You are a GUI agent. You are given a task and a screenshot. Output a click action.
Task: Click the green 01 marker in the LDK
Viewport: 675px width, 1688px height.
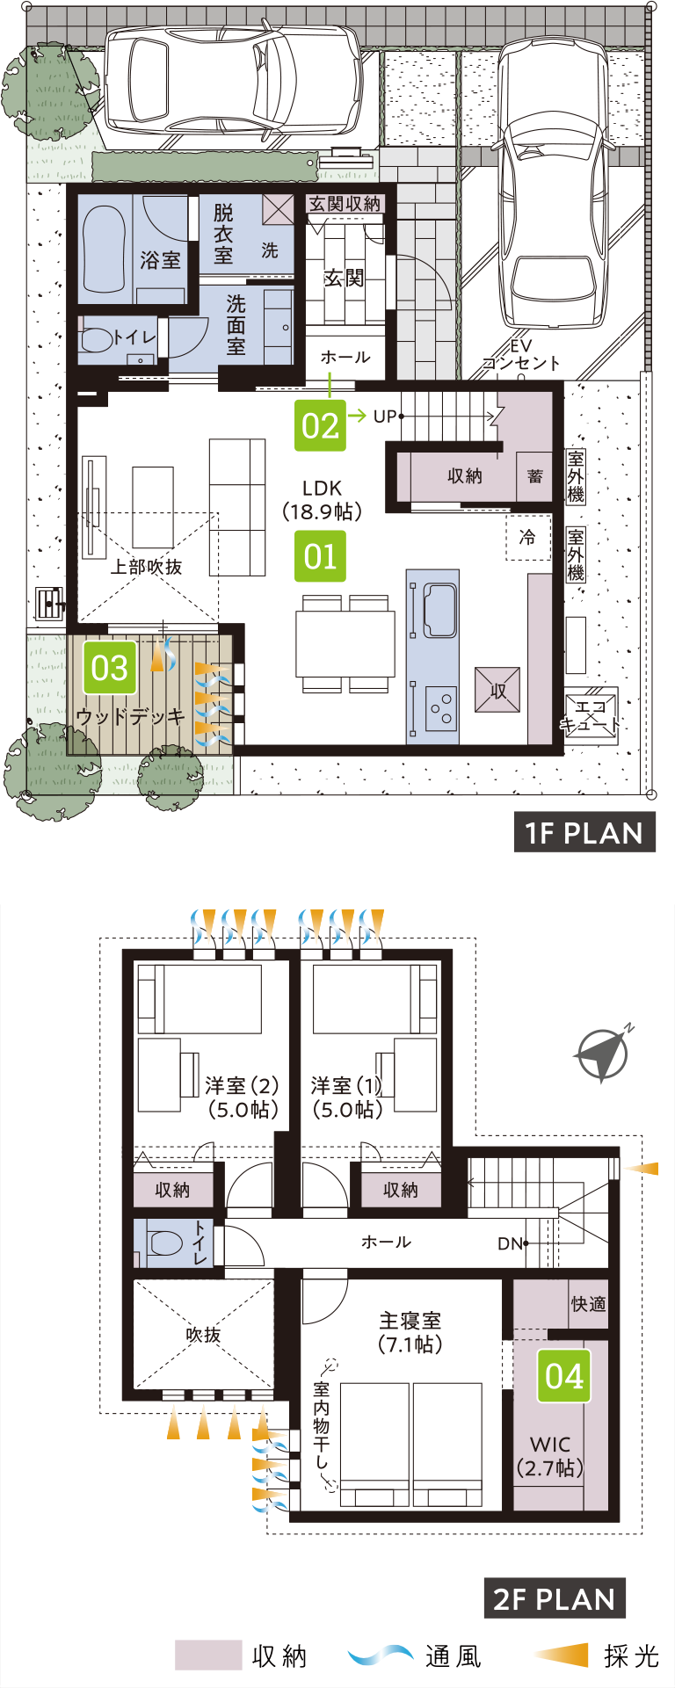(320, 556)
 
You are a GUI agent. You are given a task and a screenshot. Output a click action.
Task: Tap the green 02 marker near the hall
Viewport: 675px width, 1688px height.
(320, 425)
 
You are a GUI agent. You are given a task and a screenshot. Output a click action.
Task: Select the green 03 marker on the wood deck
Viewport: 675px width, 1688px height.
(110, 668)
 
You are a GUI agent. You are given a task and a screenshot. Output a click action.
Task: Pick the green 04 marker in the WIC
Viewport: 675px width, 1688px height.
(563, 1376)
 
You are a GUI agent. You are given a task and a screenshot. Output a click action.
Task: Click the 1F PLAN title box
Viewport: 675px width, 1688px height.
(584, 833)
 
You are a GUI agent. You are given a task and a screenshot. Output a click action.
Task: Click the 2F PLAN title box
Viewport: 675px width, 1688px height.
(555, 1598)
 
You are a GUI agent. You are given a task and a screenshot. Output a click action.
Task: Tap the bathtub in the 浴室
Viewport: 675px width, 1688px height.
(105, 249)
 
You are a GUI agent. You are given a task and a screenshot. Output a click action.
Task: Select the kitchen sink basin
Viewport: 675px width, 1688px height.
(439, 611)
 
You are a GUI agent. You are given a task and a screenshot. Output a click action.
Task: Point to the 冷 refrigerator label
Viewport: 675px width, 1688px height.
(527, 536)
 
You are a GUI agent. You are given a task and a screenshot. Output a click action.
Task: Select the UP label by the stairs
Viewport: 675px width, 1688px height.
(385, 416)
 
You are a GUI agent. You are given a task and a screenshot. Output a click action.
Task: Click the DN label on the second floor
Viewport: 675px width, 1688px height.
(510, 1243)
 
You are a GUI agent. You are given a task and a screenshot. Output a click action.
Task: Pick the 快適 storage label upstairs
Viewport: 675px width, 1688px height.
(588, 1304)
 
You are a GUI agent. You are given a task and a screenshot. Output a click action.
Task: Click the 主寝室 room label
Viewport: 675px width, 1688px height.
(410, 1321)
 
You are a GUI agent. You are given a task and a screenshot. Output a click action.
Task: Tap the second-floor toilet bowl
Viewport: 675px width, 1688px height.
(165, 1242)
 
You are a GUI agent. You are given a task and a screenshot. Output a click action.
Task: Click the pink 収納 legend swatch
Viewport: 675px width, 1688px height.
(208, 1655)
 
